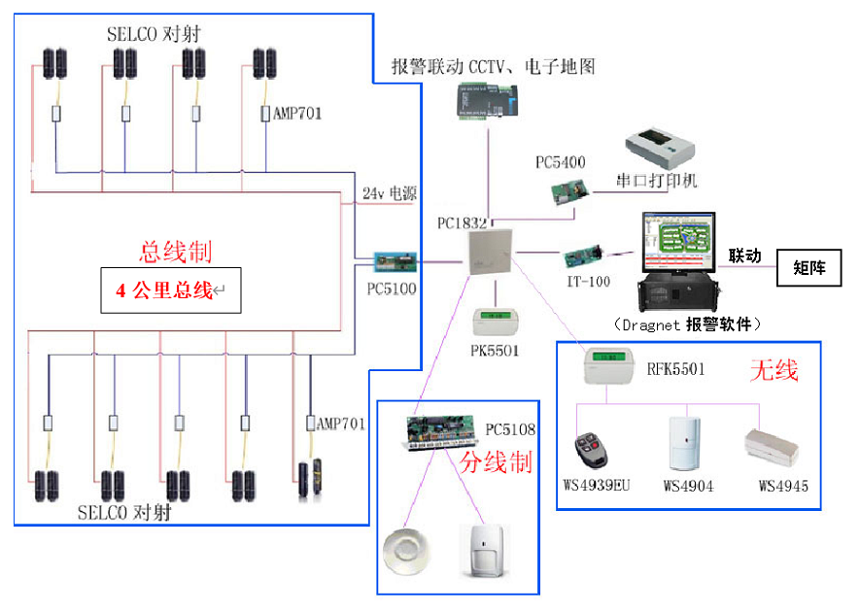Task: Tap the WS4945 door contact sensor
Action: click(771, 448)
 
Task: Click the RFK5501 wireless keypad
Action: click(611, 368)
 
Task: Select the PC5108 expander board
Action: click(444, 432)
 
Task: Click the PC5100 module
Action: click(397, 261)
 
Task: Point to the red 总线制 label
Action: click(176, 251)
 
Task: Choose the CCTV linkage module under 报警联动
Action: click(488, 100)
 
